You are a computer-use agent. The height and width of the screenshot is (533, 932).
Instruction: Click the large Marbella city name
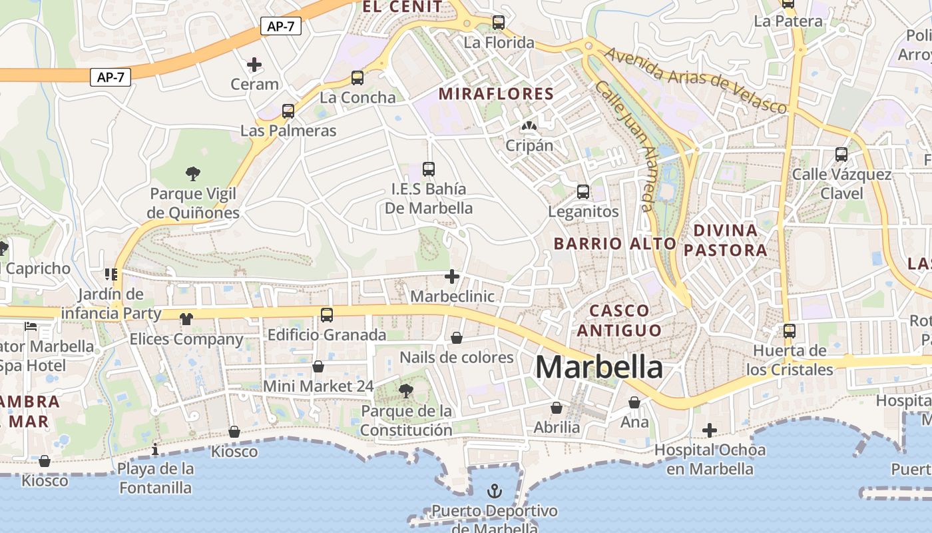[598, 367]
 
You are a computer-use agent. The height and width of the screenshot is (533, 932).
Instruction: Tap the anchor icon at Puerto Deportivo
[495, 492]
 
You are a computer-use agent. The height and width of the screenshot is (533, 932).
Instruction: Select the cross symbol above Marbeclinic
[452, 276]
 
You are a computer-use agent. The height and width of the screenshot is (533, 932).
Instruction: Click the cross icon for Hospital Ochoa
[710, 430]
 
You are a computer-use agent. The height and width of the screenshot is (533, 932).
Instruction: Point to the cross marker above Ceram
[254, 65]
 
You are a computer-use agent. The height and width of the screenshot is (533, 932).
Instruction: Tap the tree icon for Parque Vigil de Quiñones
[193, 175]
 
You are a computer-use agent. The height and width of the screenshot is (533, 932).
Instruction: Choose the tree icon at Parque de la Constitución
[406, 391]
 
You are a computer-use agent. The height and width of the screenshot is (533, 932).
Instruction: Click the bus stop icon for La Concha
[357, 78]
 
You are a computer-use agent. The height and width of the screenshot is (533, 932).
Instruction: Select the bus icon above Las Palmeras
[288, 111]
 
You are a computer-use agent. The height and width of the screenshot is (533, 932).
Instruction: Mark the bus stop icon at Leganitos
[583, 192]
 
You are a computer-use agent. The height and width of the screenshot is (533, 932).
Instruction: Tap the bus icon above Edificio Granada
[327, 315]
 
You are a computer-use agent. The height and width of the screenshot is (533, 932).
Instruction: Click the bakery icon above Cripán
[529, 125]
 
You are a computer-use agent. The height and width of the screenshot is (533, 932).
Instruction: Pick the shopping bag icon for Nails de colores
[457, 338]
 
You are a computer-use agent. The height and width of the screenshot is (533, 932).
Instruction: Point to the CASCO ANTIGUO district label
[619, 320]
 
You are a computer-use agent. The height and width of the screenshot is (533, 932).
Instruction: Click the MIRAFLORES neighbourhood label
[496, 94]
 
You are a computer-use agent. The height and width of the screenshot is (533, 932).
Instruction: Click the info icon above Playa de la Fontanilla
[155, 450]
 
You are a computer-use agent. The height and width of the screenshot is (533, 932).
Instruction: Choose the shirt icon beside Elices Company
[186, 319]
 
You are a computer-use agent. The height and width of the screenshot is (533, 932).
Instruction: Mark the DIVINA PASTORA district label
[725, 241]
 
